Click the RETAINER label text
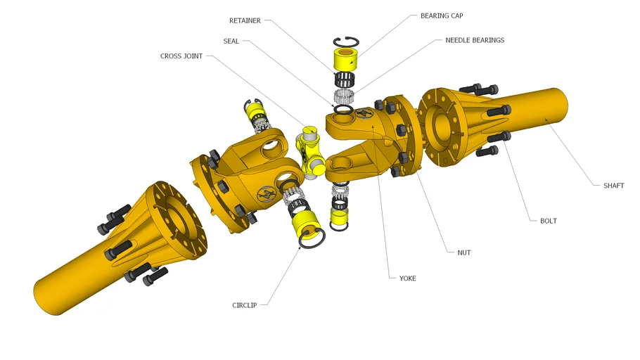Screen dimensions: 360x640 click(x=245, y=20)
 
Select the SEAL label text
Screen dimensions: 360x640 click(x=231, y=41)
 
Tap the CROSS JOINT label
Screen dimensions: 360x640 click(x=181, y=56)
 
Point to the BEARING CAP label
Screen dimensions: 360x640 click(x=442, y=15)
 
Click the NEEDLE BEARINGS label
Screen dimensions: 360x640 click(x=475, y=40)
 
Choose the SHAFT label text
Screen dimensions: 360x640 click(x=613, y=186)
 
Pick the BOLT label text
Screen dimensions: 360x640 click(x=549, y=221)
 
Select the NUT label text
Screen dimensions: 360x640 click(x=464, y=252)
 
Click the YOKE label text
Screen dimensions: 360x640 click(x=407, y=278)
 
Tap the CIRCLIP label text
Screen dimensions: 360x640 click(x=245, y=305)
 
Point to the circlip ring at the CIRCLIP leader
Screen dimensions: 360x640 click(x=312, y=240)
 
